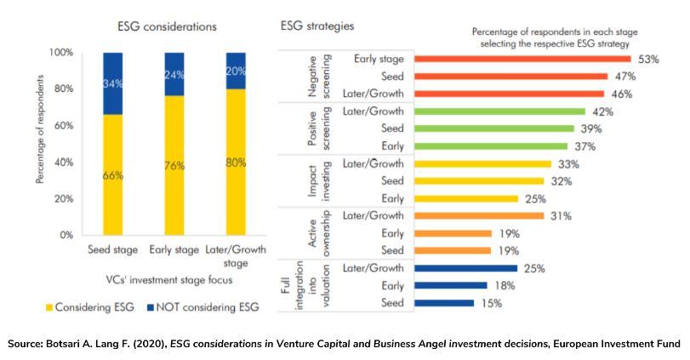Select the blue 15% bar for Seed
[x=442, y=302]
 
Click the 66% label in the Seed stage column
[x=114, y=175]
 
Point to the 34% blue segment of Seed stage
[x=114, y=83]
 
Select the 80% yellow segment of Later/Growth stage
[x=235, y=162]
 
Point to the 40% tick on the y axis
[x=63, y=162]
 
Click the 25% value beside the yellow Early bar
[x=534, y=198]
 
